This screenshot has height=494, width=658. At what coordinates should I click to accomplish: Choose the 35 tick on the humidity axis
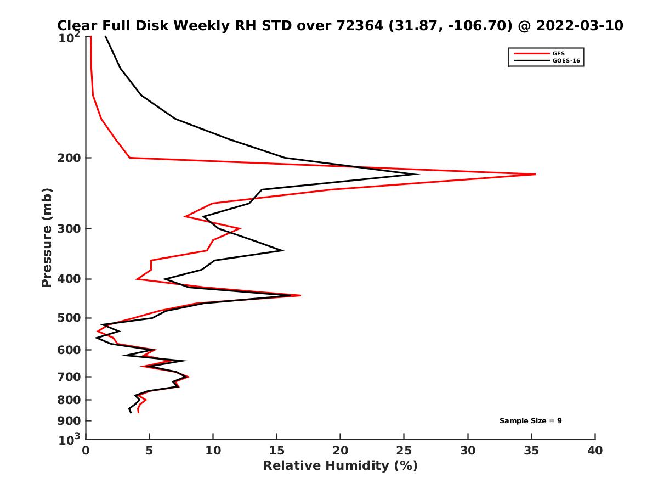tap(531, 451)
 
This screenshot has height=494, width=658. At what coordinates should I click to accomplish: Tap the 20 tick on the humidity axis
tap(340, 451)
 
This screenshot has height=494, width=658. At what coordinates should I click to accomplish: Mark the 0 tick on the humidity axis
tap(86, 451)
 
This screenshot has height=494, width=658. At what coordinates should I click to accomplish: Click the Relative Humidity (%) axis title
tap(340, 466)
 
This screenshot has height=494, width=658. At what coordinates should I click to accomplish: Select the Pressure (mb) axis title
tap(47, 238)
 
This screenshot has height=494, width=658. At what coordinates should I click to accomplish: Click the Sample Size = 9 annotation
tap(530, 421)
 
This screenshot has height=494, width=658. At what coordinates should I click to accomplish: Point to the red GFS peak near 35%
tap(535, 174)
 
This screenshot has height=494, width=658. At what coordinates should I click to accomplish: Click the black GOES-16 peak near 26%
tap(418, 175)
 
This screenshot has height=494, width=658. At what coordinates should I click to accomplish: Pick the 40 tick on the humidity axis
tap(595, 451)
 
